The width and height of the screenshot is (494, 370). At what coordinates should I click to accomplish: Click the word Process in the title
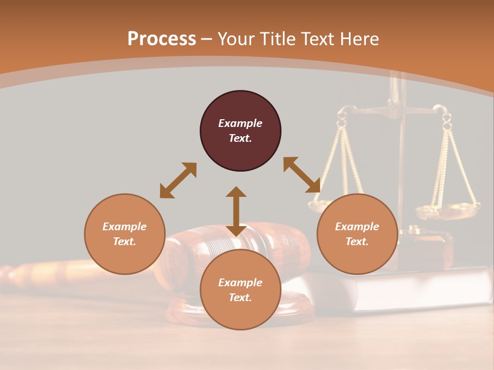(x=162, y=39)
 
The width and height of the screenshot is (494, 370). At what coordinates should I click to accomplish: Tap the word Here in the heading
(x=359, y=39)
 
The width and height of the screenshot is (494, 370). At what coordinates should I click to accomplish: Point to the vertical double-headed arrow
(x=236, y=211)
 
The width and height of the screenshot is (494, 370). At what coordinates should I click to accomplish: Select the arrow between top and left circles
(x=178, y=180)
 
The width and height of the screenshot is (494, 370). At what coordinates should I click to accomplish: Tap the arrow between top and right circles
(x=302, y=175)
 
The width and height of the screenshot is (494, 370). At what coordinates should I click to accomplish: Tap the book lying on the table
(x=401, y=290)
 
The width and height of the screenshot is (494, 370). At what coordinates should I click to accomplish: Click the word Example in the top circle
(x=240, y=123)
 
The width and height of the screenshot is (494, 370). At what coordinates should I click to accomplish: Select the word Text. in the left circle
(x=125, y=242)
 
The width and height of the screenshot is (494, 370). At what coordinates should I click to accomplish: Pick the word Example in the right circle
(x=357, y=227)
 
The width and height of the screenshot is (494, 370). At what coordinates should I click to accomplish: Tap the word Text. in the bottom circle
(x=240, y=298)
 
